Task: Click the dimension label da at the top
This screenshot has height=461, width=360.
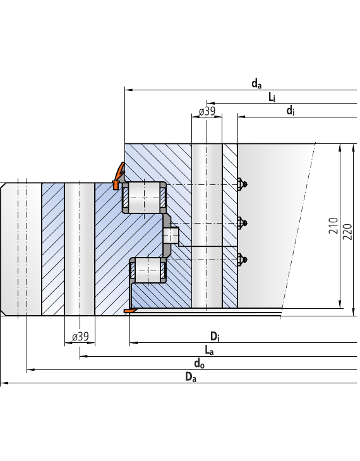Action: pos(256,84)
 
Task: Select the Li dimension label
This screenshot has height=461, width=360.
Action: pos(272,97)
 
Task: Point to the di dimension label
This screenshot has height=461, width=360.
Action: pos(291,111)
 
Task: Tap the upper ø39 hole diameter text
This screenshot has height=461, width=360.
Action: pos(207,111)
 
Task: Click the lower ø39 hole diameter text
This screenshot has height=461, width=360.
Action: pos(80,337)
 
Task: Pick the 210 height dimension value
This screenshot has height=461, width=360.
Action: pos(333,225)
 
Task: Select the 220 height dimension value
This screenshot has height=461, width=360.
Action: pos(347,232)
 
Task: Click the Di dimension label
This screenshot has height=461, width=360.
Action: pos(215,337)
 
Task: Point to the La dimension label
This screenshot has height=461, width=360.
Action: pos(209,350)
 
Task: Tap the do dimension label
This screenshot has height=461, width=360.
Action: pos(199,364)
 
